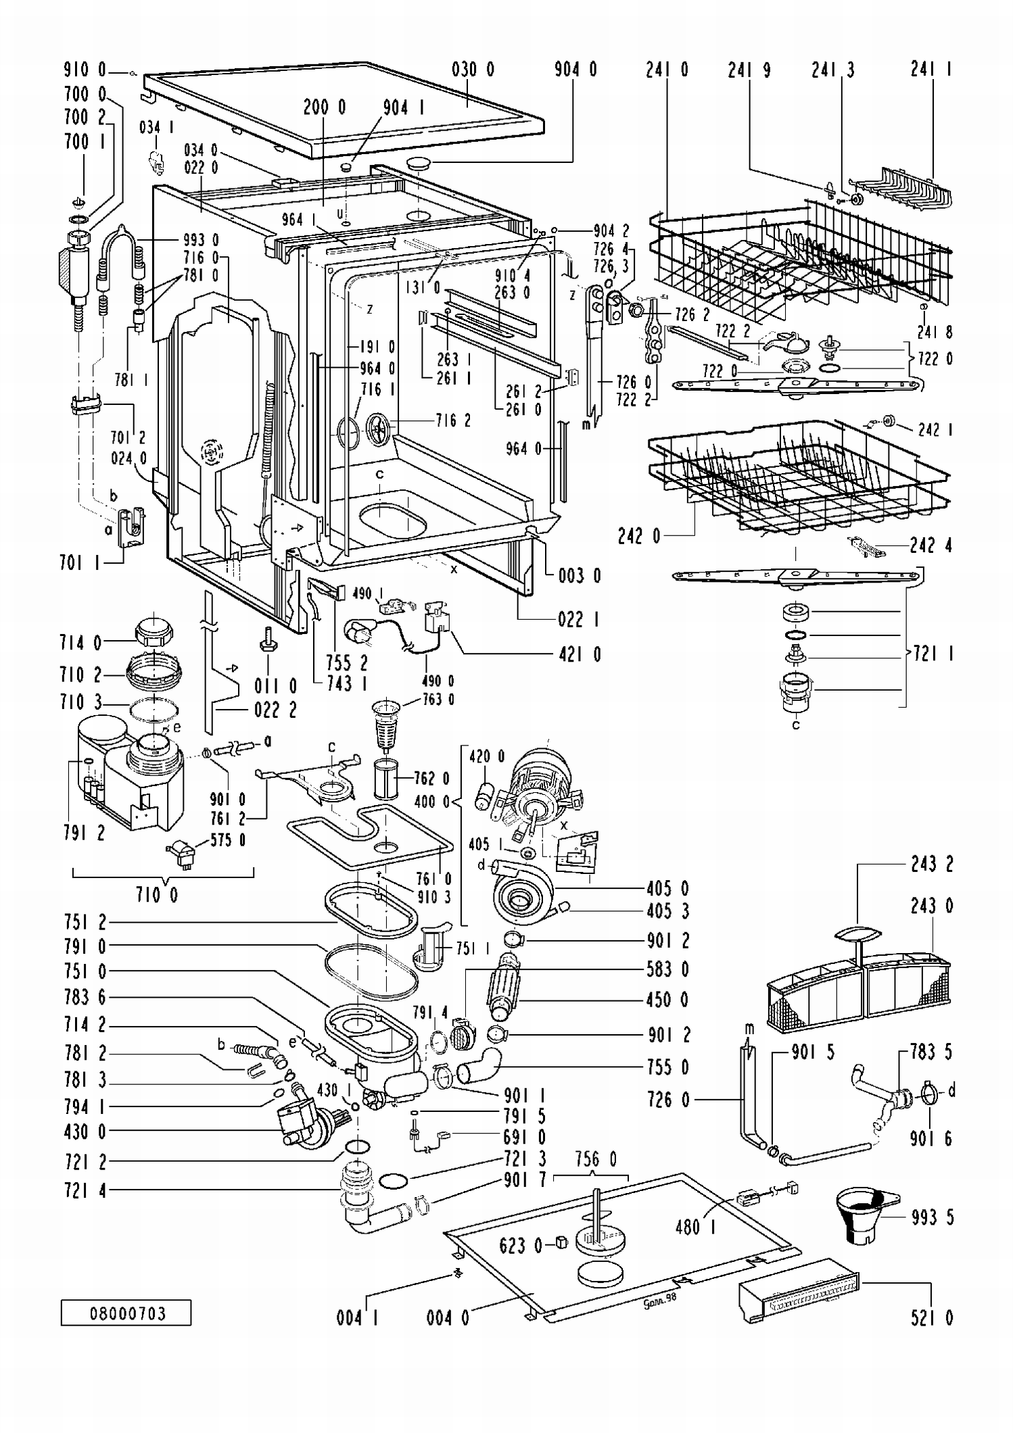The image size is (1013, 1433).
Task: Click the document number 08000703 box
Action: point(126,1313)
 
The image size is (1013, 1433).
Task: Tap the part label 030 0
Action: point(473,69)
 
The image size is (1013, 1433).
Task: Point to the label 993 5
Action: point(932,1217)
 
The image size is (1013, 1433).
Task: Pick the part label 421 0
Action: point(580,654)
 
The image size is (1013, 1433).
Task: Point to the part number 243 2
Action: point(932,864)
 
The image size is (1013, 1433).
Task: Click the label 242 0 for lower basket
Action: point(638,536)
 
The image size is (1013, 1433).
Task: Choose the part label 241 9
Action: point(749,69)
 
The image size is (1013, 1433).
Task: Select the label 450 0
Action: point(667,1000)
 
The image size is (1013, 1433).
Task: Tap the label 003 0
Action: point(580,575)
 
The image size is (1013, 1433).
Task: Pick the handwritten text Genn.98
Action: point(659,1297)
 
